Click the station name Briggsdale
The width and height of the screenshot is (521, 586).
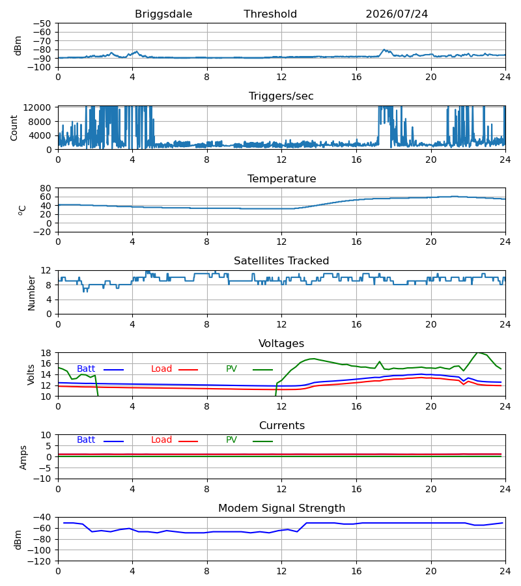pyautogui.click(x=163, y=14)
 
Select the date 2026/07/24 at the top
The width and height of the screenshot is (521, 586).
pyautogui.click(x=397, y=14)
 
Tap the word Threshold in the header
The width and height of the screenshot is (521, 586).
pyautogui.click(x=270, y=14)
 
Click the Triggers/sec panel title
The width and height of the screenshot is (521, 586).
pyautogui.click(x=281, y=96)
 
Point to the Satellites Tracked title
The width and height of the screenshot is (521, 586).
pyautogui.click(x=281, y=261)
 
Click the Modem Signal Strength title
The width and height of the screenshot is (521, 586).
pyautogui.click(x=281, y=509)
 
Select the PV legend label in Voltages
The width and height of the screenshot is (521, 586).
pyautogui.click(x=231, y=369)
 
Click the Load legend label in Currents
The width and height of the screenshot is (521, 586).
pyautogui.click(x=162, y=440)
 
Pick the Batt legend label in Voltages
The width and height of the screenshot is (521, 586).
pyautogui.click(x=86, y=369)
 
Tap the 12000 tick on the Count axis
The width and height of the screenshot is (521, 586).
pyautogui.click(x=37, y=107)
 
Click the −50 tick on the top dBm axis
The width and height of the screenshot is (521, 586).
pyautogui.click(x=42, y=23)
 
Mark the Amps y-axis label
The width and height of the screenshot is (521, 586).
pyautogui.click(x=23, y=458)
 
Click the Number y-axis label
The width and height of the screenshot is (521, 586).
pyautogui.click(x=31, y=294)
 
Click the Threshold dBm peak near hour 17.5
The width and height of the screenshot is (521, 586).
pyautogui.click(x=384, y=49)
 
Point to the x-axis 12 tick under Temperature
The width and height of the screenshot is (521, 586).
pyautogui.click(x=281, y=242)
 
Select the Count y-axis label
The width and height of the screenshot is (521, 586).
pyautogui.click(x=14, y=128)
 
